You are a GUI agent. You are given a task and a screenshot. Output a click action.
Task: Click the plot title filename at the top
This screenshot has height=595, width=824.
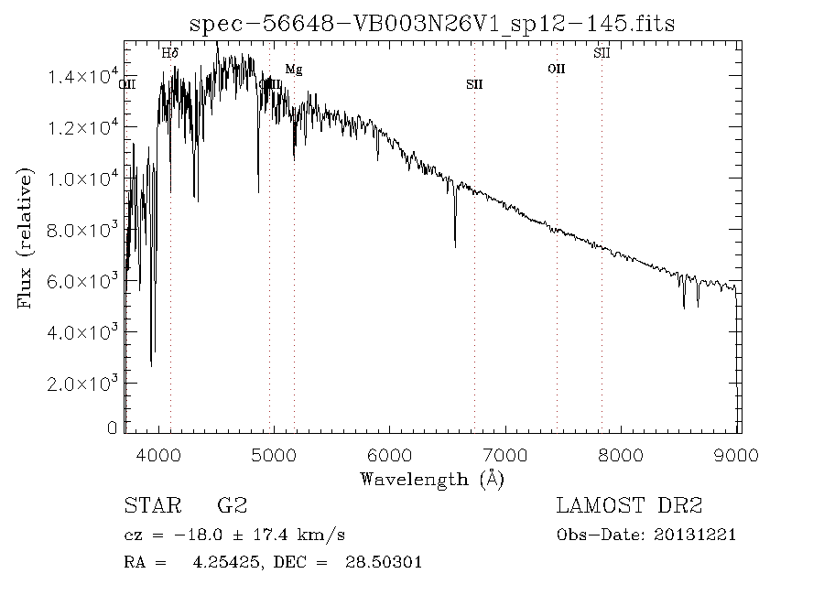coord(432,23)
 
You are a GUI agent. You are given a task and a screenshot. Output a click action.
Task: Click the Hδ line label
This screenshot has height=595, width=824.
coord(169,54)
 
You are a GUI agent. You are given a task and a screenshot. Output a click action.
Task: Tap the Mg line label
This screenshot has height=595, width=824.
coord(293,70)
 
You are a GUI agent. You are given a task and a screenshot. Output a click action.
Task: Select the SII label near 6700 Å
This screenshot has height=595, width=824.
coord(474,84)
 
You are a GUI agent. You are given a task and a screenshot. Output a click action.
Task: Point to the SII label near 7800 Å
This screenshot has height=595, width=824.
coord(602,54)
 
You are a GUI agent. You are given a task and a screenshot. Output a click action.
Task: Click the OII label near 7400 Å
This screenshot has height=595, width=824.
coord(556,70)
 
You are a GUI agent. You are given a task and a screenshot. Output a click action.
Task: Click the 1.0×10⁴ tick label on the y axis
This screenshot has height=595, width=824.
coord(81,178)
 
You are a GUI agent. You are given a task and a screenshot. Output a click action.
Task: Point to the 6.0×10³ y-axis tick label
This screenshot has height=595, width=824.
coord(81,280)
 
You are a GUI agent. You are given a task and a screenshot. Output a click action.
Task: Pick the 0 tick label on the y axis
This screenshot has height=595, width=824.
coord(113,427)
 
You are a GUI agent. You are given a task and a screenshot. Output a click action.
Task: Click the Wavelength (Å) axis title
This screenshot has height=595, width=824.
coord(432,479)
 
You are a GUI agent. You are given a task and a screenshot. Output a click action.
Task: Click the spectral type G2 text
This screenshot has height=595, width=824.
coord(232,505)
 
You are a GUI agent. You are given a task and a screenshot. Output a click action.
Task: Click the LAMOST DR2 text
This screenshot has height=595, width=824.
coord(629,505)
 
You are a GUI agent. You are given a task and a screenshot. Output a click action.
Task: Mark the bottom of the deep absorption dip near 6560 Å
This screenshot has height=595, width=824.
coord(455,245)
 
